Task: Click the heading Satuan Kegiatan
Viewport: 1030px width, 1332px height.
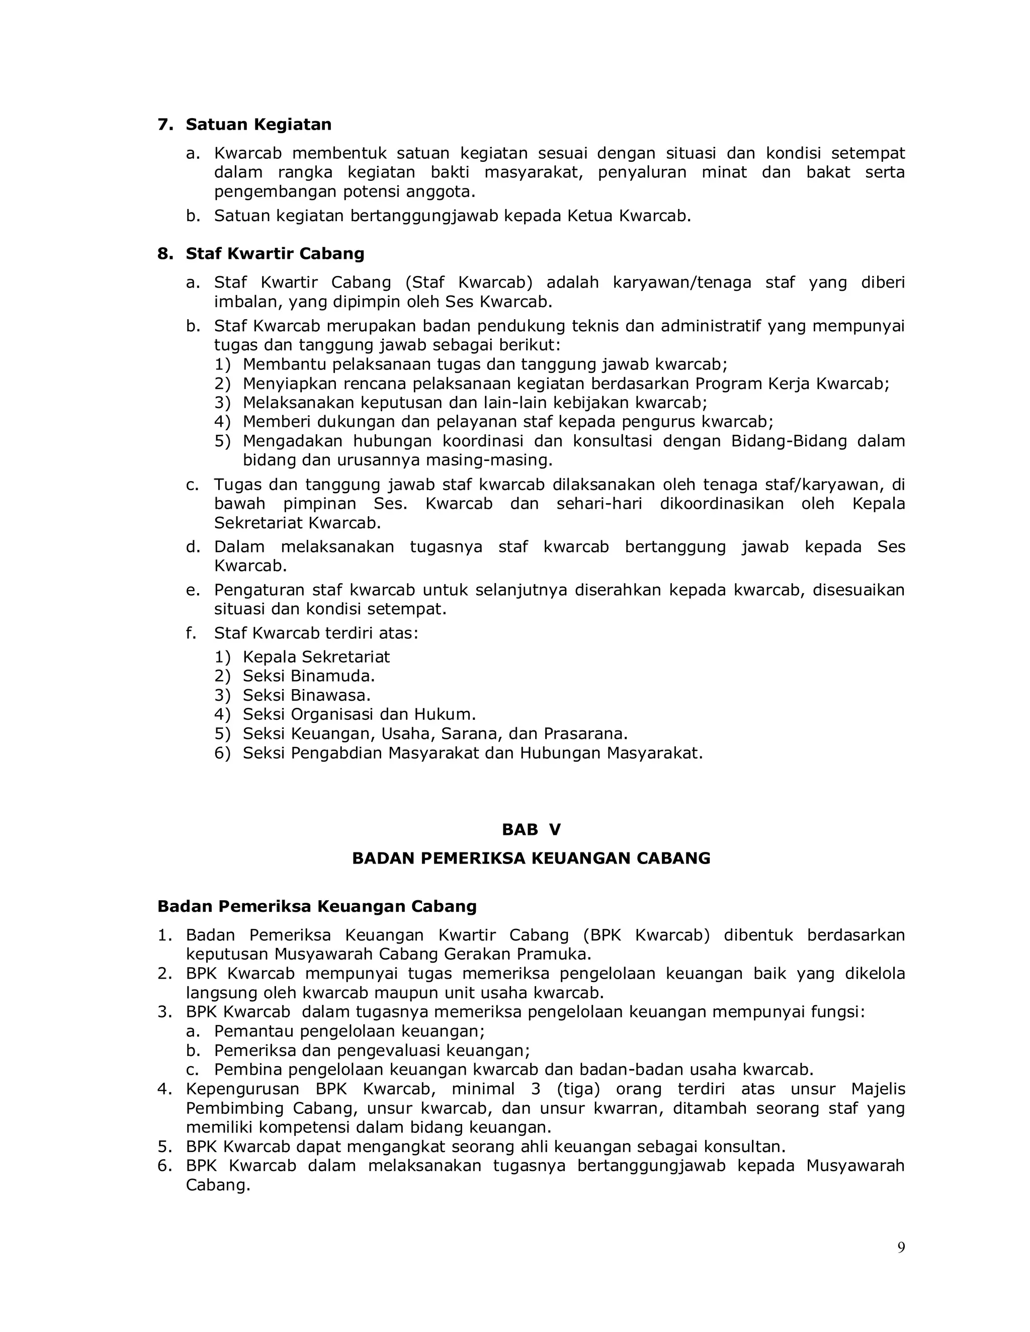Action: [x=258, y=125]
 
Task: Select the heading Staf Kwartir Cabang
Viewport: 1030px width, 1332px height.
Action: [x=275, y=254]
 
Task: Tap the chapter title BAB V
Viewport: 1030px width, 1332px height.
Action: [x=531, y=829]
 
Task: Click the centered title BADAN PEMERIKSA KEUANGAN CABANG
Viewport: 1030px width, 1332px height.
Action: [x=531, y=859]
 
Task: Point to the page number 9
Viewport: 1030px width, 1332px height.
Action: [x=901, y=1248]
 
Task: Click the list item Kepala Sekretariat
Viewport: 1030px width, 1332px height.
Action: [x=315, y=657]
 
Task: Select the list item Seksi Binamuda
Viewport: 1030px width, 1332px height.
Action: [x=308, y=676]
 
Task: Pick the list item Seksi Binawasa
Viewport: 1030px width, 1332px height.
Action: [x=306, y=695]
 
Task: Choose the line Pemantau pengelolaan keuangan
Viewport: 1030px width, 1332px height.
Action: [x=349, y=1031]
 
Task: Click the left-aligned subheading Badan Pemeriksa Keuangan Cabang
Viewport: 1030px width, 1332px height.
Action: [x=317, y=906]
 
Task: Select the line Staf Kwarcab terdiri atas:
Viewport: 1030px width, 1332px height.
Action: [x=315, y=633]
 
